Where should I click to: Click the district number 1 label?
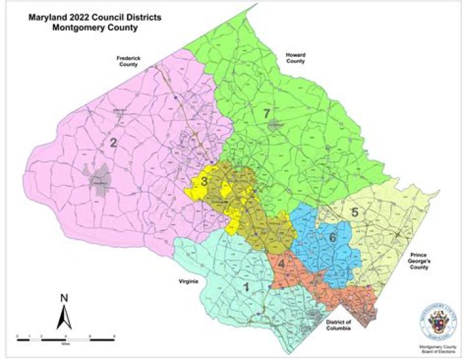[245, 286]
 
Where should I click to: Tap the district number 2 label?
[113, 143]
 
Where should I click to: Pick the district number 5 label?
[354, 212]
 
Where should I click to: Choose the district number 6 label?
[333, 238]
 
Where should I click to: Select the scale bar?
[65, 337]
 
